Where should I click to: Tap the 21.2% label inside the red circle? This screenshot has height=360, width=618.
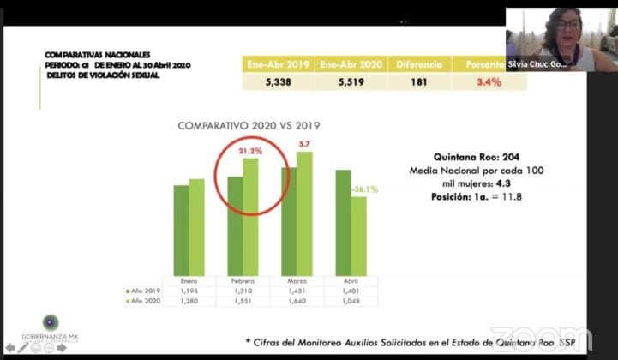250,151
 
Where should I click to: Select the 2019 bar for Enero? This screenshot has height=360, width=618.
181,229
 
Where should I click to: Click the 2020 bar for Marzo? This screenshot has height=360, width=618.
304,213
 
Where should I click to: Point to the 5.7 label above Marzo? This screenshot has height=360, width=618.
304,143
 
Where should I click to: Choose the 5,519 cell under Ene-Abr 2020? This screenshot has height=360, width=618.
350,82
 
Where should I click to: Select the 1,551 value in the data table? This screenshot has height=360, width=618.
243,301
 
